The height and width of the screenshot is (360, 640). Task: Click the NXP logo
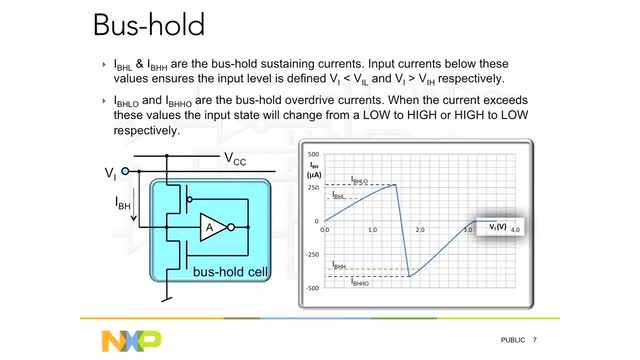tap(131, 340)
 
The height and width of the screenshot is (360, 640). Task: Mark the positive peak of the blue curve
tap(395, 185)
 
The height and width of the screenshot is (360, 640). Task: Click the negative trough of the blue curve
tap(410, 276)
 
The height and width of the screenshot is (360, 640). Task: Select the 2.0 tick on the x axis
tap(420, 229)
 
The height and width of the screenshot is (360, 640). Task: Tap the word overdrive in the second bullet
tap(376, 102)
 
